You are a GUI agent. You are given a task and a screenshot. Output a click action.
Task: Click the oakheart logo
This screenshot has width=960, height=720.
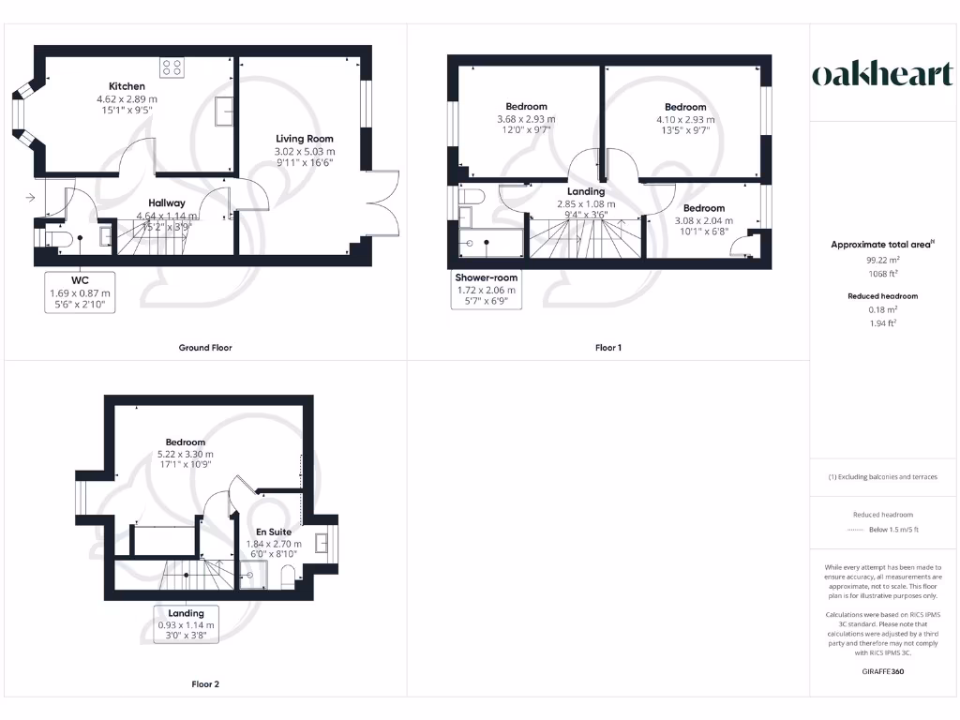[881, 75]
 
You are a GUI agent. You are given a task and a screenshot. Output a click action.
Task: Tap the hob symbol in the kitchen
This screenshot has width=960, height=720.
[172, 67]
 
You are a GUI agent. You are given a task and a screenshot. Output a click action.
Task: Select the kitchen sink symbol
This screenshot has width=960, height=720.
[224, 112]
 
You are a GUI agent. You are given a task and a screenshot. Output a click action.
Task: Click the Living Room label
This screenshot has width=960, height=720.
[304, 139]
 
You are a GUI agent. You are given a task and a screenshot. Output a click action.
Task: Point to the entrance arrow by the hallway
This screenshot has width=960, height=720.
[32, 198]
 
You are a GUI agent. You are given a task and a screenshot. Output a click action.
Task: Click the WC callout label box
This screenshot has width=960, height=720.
[80, 292]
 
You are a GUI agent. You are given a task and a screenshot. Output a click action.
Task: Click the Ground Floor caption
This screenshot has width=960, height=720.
[205, 348]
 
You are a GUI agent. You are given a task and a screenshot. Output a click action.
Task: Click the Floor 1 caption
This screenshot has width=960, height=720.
[608, 348]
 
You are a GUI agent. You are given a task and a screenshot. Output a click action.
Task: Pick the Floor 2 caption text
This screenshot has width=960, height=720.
[205, 684]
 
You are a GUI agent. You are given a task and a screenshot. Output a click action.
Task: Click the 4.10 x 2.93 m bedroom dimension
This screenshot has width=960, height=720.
[685, 120]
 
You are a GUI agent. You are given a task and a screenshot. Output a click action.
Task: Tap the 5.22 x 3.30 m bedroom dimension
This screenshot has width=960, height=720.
[186, 455]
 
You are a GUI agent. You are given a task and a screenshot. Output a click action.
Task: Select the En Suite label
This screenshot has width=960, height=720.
[273, 532]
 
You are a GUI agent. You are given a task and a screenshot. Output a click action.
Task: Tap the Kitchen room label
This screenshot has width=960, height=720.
[126, 86]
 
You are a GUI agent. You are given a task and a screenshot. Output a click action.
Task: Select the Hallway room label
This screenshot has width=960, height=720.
[167, 202]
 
